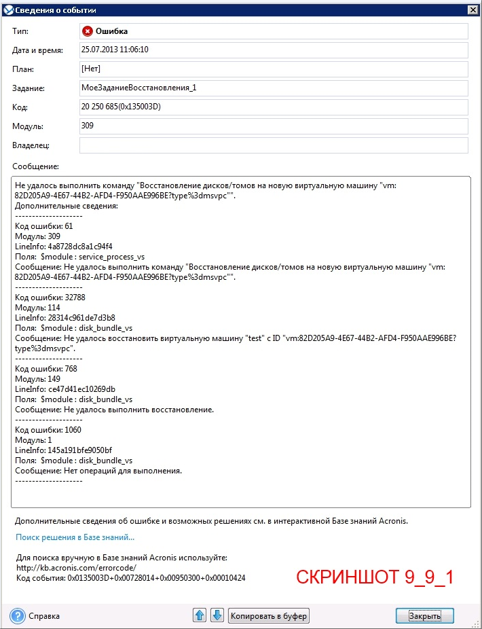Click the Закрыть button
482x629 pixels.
(x=424, y=615)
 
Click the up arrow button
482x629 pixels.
(x=200, y=615)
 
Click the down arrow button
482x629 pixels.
(x=217, y=615)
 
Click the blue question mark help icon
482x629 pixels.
(x=18, y=615)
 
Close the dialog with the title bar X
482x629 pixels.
(x=472, y=10)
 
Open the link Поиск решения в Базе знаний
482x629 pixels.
(x=75, y=537)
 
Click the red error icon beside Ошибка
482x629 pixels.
(x=88, y=31)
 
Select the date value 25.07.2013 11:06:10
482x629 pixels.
(x=115, y=50)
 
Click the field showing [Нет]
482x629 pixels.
(x=91, y=69)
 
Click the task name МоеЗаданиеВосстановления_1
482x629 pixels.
(x=138, y=88)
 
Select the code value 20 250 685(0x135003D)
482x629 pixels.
(x=120, y=107)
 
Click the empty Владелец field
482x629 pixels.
(x=273, y=145)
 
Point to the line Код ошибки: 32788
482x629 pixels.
(x=50, y=298)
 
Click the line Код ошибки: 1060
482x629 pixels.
(x=48, y=430)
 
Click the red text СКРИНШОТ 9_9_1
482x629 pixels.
(x=374, y=577)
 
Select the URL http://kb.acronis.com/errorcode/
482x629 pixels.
(x=76, y=567)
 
